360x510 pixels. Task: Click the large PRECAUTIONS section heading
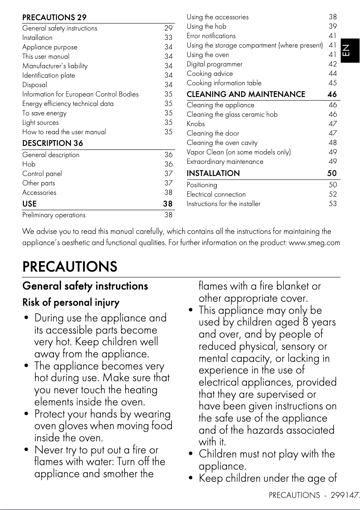70,267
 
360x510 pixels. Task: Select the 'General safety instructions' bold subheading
85,286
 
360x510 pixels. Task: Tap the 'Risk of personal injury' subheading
71,303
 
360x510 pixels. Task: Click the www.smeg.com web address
314,243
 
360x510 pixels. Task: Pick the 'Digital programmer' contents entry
215,64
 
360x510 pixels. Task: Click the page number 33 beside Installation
168,38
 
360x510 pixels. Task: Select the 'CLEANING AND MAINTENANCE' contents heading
246,94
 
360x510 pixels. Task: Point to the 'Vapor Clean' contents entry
238,152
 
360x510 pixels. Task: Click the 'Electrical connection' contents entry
216,194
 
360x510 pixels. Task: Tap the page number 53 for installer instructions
333,204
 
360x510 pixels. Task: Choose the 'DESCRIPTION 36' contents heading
53,143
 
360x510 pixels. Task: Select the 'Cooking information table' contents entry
224,83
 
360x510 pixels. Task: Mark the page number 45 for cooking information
333,83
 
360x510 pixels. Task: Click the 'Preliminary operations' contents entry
54,215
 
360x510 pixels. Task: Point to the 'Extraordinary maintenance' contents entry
225,162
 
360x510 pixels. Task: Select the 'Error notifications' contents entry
211,36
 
